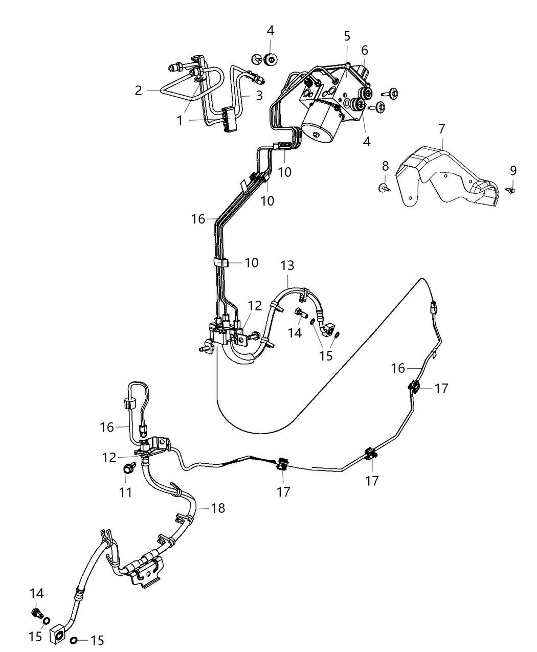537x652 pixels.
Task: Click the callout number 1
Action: [x=180, y=121]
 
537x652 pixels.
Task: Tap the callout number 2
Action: [x=139, y=91]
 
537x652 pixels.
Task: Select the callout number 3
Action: [x=259, y=95]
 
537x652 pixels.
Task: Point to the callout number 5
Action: [x=347, y=36]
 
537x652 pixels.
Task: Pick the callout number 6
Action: [x=365, y=50]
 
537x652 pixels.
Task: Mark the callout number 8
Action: [x=385, y=166]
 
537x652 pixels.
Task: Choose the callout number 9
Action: [x=513, y=170]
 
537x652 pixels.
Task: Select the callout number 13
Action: [x=287, y=266]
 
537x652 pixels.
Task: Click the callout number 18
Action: [x=218, y=508]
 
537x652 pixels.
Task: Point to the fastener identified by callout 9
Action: [x=512, y=190]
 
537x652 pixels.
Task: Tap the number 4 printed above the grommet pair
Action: [x=270, y=31]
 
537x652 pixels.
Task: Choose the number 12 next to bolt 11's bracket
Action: [x=109, y=458]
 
